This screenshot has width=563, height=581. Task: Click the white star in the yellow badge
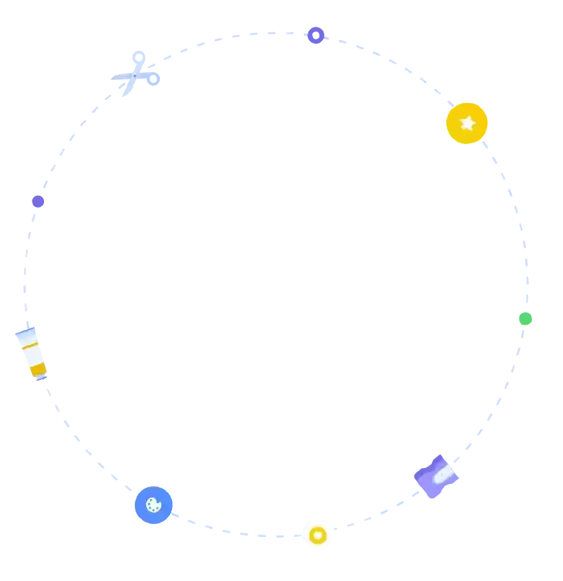point(468,122)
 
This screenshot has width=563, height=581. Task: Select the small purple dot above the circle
point(317,34)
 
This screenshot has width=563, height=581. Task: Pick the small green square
point(524,318)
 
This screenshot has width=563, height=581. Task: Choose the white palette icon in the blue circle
point(153,504)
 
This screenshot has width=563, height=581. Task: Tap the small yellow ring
point(318,535)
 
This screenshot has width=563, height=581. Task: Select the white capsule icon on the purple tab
point(442,474)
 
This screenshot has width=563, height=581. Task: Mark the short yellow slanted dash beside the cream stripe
point(29,345)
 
